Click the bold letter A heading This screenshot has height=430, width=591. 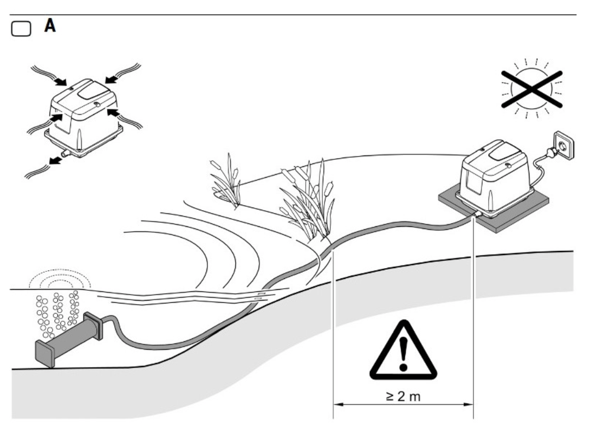coord(50,26)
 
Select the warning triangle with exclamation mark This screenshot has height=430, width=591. coord(402,350)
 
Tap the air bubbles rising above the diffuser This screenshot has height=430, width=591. coord(57,312)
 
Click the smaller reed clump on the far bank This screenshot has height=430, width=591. coord(228,181)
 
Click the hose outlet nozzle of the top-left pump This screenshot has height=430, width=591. coord(63,154)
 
